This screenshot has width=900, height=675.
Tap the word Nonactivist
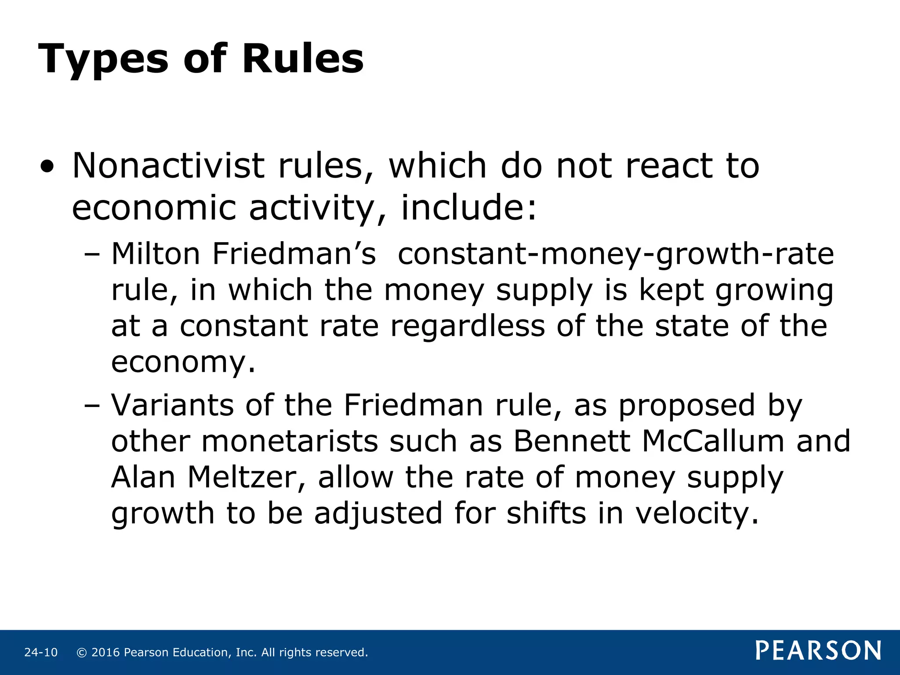pyautogui.click(x=168, y=166)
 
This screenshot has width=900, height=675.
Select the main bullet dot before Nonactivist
pyautogui.click(x=47, y=167)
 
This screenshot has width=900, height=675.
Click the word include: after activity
pyautogui.click(x=469, y=207)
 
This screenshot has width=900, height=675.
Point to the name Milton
pyautogui.click(x=156, y=254)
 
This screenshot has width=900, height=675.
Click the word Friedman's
pyautogui.click(x=294, y=254)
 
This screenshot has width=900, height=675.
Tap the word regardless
pyautogui.click(x=468, y=326)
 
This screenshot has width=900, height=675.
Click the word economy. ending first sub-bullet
pyautogui.click(x=183, y=363)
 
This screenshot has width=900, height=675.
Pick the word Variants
pyautogui.click(x=172, y=405)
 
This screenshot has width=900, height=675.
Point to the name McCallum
pyautogui.click(x=713, y=441)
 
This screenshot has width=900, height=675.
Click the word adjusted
pyautogui.click(x=378, y=513)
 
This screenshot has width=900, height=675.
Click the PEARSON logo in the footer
pyautogui.click(x=818, y=651)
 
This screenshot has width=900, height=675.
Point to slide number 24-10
pyautogui.click(x=41, y=653)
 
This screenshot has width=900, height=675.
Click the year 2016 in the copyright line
pyautogui.click(x=105, y=653)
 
